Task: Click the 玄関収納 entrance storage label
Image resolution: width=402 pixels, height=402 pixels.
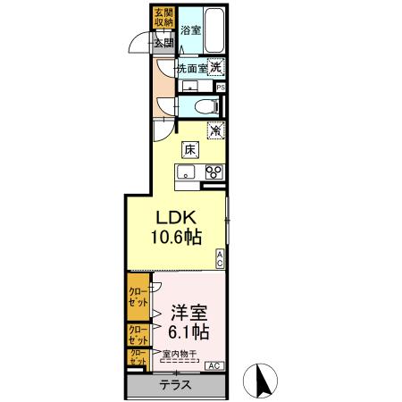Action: click(163, 18)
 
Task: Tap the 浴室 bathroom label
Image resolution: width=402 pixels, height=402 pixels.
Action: click(190, 29)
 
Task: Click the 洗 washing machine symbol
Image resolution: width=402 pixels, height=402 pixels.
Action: click(216, 66)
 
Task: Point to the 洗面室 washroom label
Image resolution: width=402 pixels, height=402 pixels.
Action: click(191, 67)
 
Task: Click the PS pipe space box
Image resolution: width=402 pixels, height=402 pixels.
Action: click(220, 88)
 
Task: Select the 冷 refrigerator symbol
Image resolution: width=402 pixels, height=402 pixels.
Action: click(216, 130)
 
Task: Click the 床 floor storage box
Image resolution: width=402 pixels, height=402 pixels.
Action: click(190, 149)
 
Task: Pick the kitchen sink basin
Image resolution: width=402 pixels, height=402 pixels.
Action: click(187, 173)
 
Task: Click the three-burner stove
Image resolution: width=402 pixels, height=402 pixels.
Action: click(214, 173)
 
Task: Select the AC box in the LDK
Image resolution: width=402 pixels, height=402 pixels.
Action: click(221, 259)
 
